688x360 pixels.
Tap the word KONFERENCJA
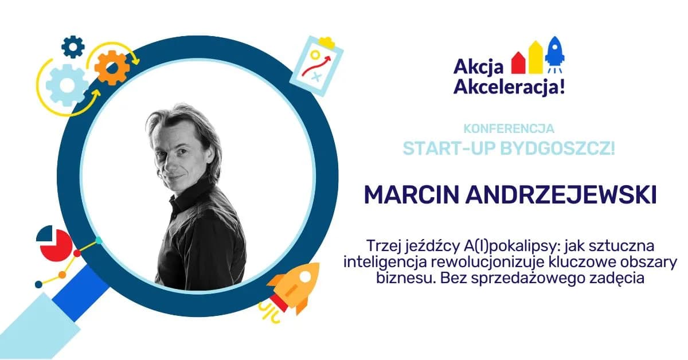tap(508, 129)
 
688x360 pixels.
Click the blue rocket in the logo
tap(554, 50)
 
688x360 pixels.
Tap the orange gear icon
tap(112, 68)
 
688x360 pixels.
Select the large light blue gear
tap(67, 86)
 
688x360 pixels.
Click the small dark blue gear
tap(73, 46)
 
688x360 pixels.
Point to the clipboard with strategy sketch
tap(316, 65)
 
